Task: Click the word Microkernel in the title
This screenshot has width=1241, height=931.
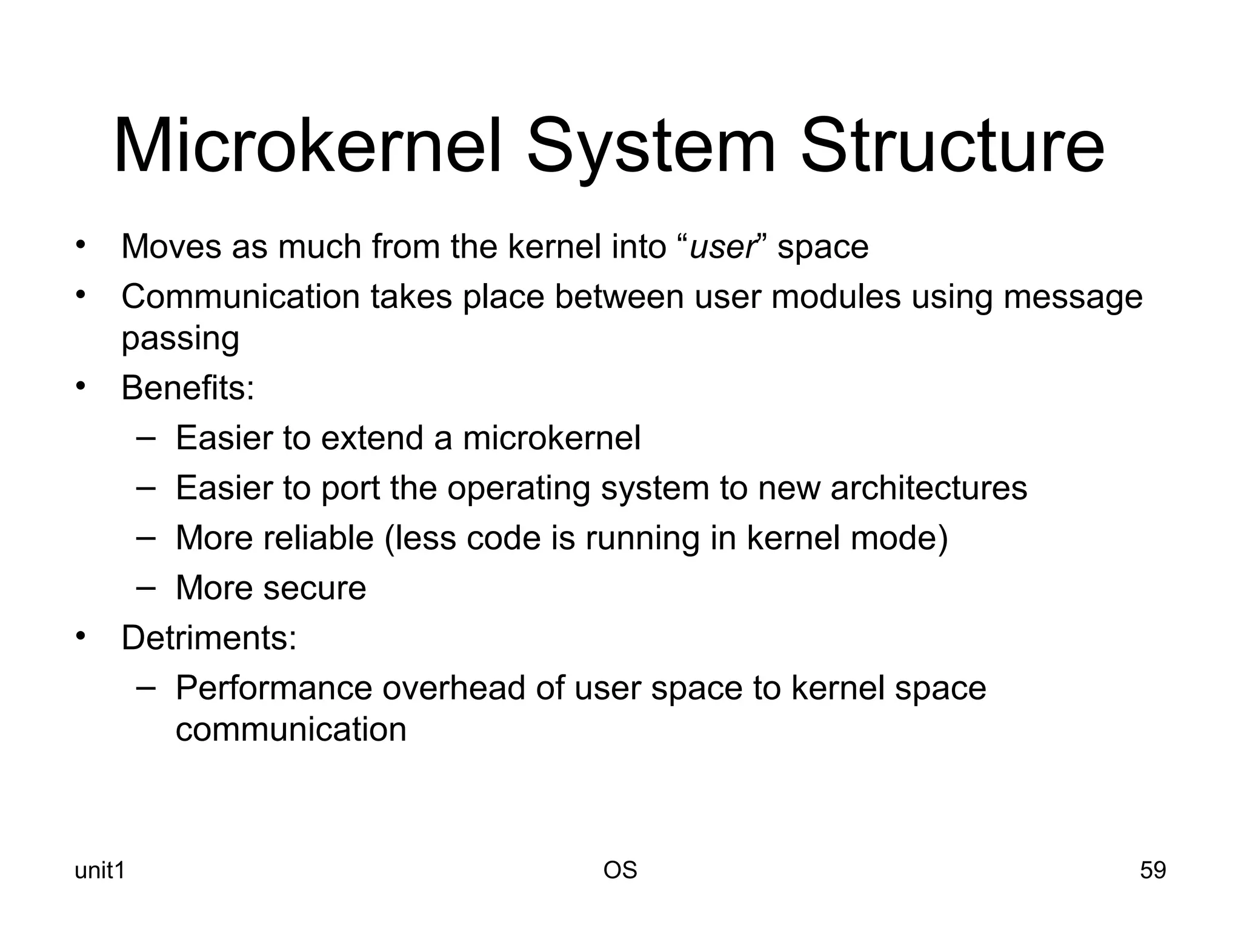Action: pyautogui.click(x=308, y=147)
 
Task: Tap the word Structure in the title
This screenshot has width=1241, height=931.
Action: pyautogui.click(x=952, y=147)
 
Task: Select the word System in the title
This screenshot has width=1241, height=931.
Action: pyautogui.click(x=651, y=147)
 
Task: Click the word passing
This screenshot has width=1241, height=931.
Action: pyautogui.click(x=180, y=338)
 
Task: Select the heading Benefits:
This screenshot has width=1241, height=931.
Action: pyautogui.click(x=188, y=388)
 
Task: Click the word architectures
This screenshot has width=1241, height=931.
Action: pyautogui.click(x=928, y=488)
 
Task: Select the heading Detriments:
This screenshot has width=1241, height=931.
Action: pyautogui.click(x=209, y=638)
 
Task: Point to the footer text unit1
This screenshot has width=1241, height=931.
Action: pyautogui.click(x=99, y=870)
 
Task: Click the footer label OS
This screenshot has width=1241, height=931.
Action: pyautogui.click(x=620, y=870)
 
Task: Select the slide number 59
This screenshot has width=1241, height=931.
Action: pyautogui.click(x=1153, y=870)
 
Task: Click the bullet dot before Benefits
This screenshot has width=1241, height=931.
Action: pyautogui.click(x=81, y=385)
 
